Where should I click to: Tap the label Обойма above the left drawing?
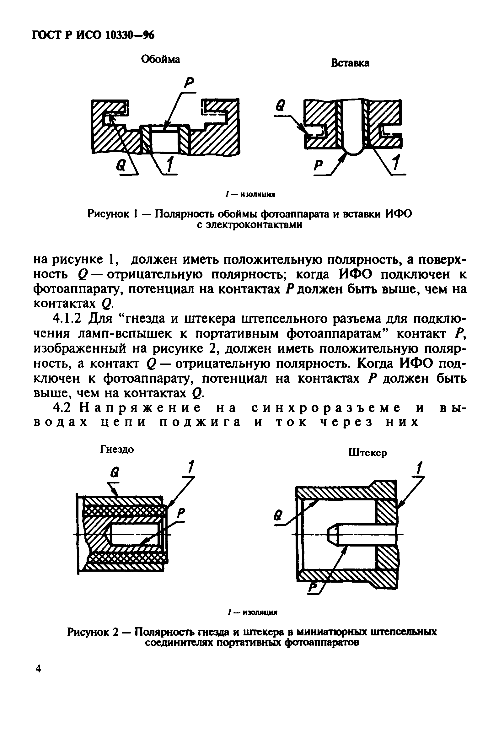tap(160, 59)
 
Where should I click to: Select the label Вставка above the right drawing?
tap(350, 63)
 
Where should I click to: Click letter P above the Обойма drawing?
tap(190, 83)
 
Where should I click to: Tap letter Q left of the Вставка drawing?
tap(280, 105)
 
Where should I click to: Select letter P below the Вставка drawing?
tap(319, 165)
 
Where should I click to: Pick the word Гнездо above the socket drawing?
tap(117, 449)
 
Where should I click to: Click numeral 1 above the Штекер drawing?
tap(419, 468)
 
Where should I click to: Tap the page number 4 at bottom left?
tap(38, 669)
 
